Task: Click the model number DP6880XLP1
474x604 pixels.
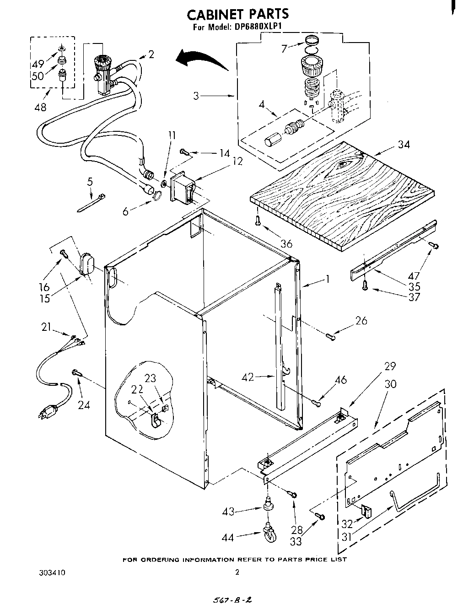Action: (256, 27)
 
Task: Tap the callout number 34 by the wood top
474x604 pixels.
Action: (404, 145)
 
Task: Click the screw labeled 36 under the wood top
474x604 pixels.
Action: (259, 221)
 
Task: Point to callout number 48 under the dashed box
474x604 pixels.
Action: (40, 108)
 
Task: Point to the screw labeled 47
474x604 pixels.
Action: (434, 246)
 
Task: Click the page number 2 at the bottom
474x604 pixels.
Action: (237, 572)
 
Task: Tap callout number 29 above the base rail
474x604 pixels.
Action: (390, 366)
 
